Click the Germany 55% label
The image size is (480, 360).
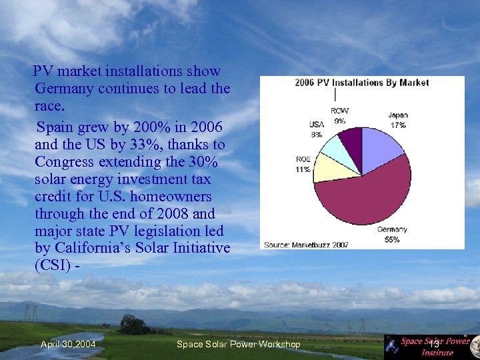[392, 234]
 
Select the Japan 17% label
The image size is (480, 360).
[398, 119]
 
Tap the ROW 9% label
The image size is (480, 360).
[339, 115]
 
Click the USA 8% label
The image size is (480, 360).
[316, 129]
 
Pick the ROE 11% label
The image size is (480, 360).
[303, 164]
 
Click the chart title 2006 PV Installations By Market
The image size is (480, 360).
[362, 83]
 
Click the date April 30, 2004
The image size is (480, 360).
[67, 344]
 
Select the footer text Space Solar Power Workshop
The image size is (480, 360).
[238, 344]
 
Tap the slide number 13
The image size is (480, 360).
[433, 343]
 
